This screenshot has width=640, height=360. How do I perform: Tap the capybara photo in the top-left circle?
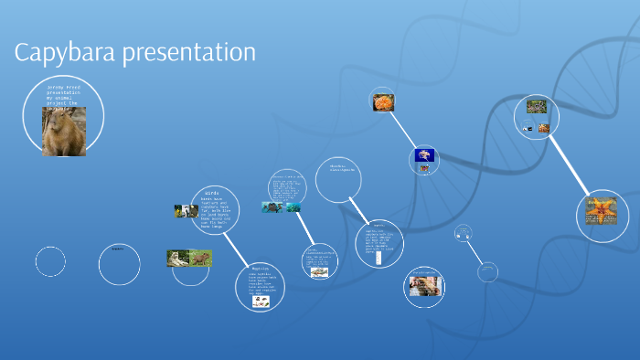64,132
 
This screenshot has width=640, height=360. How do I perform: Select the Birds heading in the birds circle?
212,193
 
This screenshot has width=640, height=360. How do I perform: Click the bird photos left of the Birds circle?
187,211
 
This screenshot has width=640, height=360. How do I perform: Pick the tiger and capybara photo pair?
189,259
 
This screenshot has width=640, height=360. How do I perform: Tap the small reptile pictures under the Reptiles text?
261,300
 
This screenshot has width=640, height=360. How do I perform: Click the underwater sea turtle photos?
282,207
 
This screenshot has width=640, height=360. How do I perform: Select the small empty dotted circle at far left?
50,262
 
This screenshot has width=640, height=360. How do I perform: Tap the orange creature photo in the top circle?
383,101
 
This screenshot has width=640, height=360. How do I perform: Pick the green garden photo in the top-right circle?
536,106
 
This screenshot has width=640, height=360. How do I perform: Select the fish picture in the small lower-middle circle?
319,271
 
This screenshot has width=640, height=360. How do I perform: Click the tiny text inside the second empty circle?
117,249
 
